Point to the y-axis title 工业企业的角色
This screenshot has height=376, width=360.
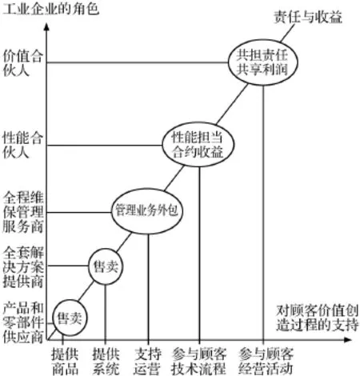[50, 10]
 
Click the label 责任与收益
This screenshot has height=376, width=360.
[308, 18]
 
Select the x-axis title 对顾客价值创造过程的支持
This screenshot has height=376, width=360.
[318, 318]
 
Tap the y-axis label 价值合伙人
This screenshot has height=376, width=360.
[22, 63]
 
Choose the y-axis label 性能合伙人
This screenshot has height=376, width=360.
[22, 146]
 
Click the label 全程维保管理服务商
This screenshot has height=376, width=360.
[23, 213]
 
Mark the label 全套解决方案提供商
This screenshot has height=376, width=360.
[23, 267]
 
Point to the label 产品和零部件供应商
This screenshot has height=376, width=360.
[23, 323]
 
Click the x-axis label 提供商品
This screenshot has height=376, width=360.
[65, 362]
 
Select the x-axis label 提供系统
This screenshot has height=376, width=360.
[106, 362]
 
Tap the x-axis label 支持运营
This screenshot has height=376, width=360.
[147, 362]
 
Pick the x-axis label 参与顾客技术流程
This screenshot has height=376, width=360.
[199, 362]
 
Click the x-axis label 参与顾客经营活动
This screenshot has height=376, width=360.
[266, 362]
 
